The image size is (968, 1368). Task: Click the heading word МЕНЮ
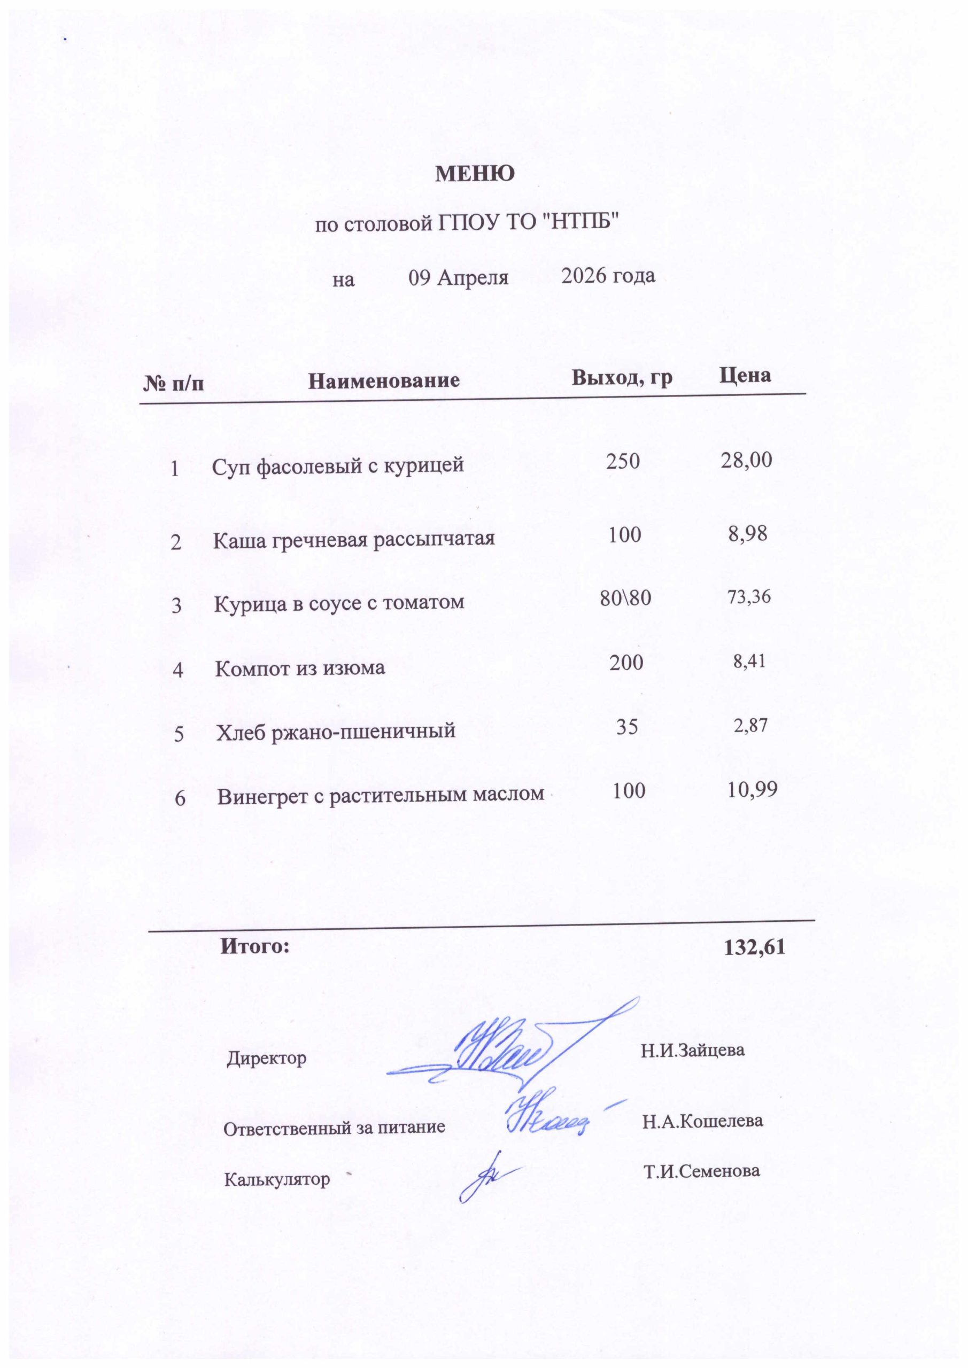click(475, 174)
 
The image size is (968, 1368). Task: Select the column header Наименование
click(384, 380)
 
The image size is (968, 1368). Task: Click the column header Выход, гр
click(622, 377)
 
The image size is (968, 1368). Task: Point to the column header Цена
click(745, 375)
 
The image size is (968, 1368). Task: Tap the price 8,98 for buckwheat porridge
click(747, 533)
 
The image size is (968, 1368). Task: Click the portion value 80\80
click(625, 597)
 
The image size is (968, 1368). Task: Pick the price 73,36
click(749, 596)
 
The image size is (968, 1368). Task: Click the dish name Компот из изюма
click(300, 668)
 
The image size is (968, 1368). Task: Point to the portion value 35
click(627, 726)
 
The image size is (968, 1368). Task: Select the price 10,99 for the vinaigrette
click(752, 790)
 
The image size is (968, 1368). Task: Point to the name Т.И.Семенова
click(702, 1171)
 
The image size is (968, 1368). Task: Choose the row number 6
click(180, 798)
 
